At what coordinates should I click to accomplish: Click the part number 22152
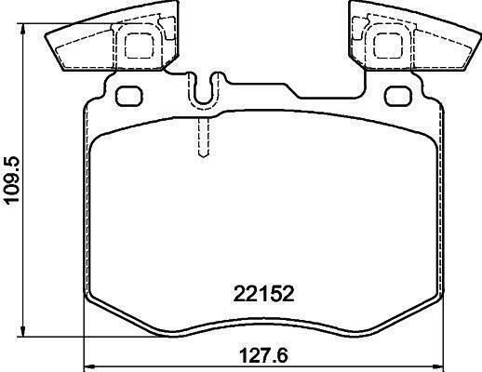coord(263,294)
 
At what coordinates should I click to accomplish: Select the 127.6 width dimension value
coord(264,355)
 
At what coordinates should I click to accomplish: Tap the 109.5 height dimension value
coord(11,179)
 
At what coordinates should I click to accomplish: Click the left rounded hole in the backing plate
coord(128,96)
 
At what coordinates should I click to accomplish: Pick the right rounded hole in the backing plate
coord(398,96)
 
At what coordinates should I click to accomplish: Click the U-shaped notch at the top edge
coord(204,90)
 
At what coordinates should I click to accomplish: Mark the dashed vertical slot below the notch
coord(203,138)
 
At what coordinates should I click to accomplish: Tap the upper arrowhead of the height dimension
coord(22,30)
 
